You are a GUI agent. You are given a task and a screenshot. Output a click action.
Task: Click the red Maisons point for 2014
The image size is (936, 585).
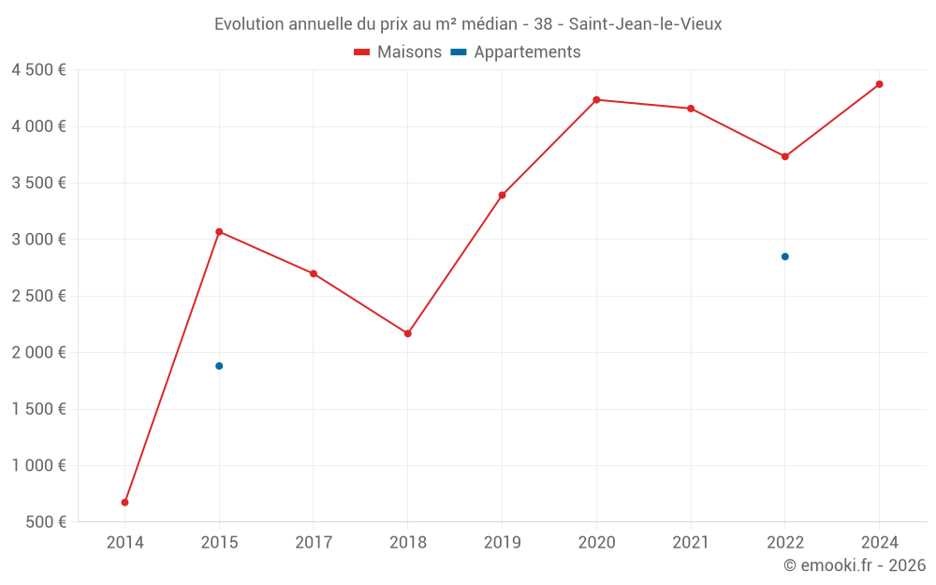pos(124,503)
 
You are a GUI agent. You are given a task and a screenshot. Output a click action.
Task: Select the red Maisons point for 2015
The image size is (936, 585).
pos(219,231)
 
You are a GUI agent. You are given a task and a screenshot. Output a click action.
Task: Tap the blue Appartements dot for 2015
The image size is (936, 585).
pos(219,366)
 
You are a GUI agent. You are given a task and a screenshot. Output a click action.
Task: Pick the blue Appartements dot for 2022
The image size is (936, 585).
pos(785,256)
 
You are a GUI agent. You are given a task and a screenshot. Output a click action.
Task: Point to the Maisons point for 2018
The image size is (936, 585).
pos(408,333)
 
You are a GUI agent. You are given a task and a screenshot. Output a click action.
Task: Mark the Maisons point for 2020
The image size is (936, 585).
pos(596,99)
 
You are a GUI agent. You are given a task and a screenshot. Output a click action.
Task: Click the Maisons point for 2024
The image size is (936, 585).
pos(880,84)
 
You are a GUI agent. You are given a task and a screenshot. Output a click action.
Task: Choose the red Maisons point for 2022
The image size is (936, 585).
pos(785,156)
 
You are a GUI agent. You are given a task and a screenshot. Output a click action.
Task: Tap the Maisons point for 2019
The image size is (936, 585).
pos(502,195)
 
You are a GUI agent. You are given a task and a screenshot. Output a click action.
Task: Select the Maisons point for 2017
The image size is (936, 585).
pos(314,273)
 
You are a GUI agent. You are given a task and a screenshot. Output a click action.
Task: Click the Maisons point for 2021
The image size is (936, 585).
pos(691,109)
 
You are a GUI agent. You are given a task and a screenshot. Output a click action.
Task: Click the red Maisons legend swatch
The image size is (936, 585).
pos(362,52)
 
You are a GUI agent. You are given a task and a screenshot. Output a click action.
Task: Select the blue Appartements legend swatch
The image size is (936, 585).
pos(459,52)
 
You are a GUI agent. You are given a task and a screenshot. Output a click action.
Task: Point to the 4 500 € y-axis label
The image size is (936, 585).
pos(38,70)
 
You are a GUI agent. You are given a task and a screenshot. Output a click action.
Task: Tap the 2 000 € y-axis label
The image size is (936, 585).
pos(38,353)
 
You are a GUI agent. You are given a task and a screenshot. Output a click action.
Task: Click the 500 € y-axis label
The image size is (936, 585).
pos(47,522)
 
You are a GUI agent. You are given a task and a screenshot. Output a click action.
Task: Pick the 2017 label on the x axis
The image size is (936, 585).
pos(314,543)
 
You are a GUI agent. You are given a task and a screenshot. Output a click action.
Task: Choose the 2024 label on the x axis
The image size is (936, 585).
pos(880,543)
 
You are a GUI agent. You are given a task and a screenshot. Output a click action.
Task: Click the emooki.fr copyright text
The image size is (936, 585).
pos(855,565)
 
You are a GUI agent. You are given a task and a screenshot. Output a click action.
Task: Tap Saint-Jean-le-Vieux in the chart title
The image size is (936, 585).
pos(645,24)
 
